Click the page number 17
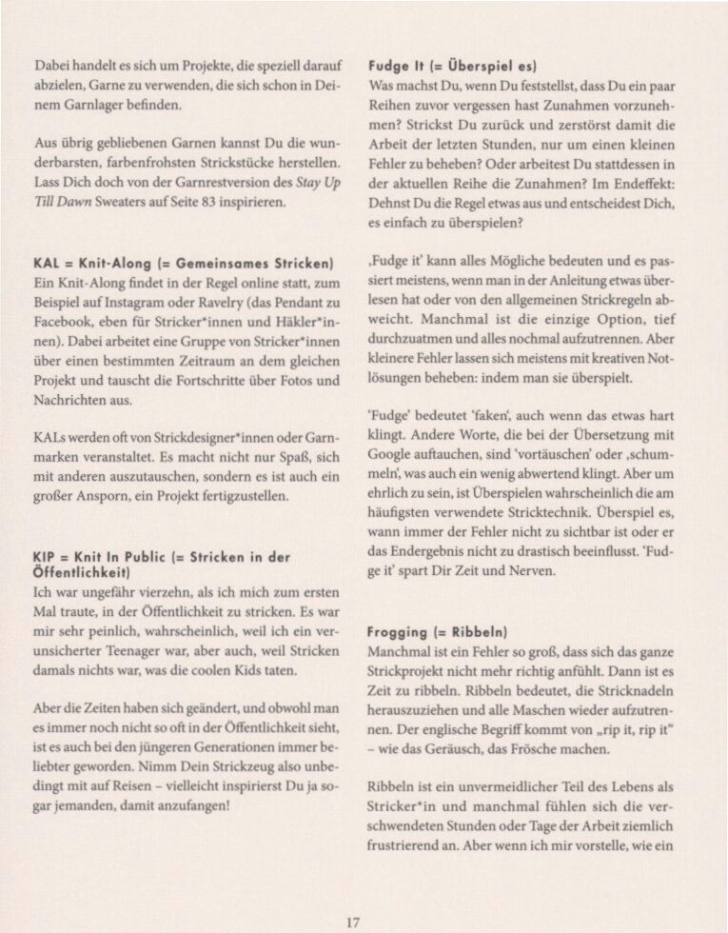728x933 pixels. pyautogui.click(x=353, y=921)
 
